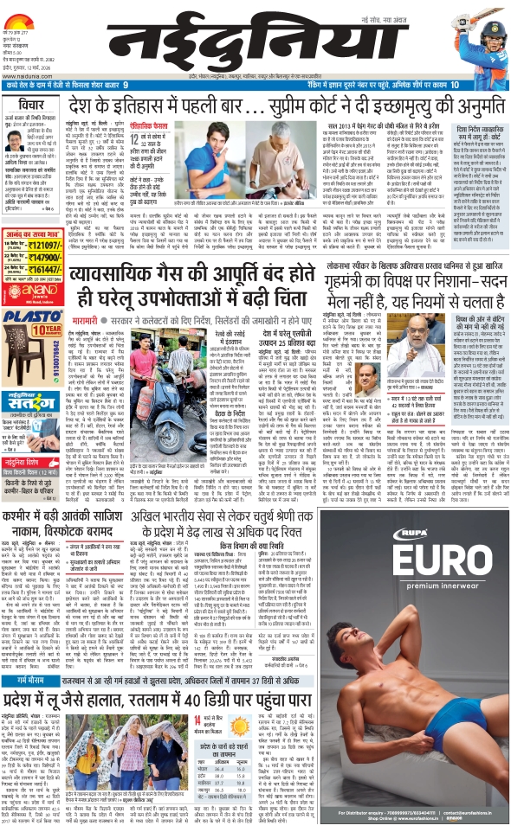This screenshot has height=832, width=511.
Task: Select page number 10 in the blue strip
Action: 455,84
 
